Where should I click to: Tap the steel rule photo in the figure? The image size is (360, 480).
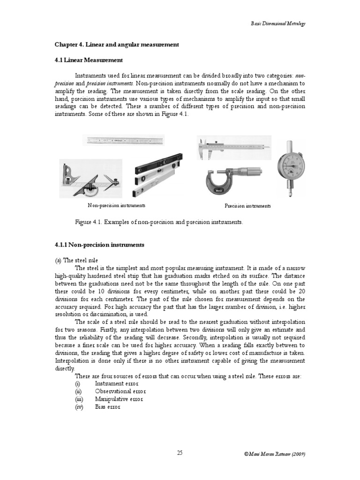click(x=124, y=141)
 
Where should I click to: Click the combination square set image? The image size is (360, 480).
click(x=90, y=179)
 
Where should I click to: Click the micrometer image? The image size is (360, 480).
click(x=227, y=181)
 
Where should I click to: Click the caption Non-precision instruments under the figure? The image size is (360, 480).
click(x=116, y=205)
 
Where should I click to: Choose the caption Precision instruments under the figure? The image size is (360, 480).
click(x=247, y=206)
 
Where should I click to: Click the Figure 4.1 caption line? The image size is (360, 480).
click(x=159, y=222)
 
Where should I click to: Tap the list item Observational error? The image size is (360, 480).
click(x=120, y=391)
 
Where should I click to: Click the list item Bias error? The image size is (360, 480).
click(x=107, y=407)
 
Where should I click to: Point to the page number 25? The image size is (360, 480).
click(x=180, y=452)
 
